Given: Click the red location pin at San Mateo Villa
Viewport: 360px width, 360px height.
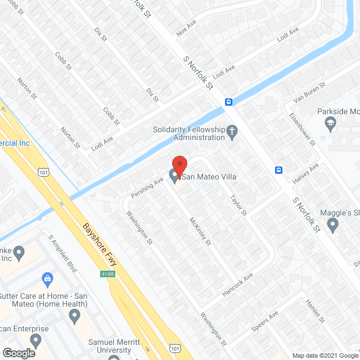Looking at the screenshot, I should (179, 165).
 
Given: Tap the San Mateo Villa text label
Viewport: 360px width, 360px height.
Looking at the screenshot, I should (209, 177).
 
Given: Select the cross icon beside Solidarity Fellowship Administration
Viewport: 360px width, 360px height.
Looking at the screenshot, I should (231, 133).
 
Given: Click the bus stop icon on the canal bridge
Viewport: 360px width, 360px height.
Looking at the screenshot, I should (229, 102).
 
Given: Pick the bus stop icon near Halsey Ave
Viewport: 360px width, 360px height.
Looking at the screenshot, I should (278, 170).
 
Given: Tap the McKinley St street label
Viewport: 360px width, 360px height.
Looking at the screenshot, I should (200, 231).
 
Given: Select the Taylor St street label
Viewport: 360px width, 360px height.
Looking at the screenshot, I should (238, 205).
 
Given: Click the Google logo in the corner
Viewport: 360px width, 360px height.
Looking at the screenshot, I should (19, 353).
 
